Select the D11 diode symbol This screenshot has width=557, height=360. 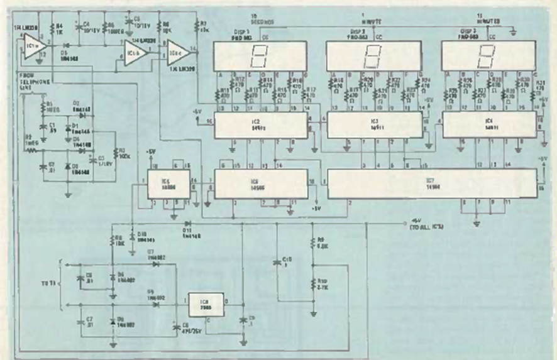187,223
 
